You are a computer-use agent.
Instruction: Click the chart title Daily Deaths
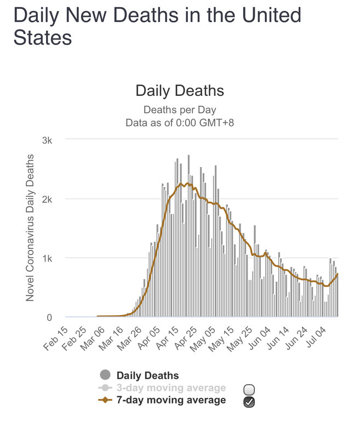pos(180,90)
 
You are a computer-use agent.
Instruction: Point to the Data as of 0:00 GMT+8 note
pos(180,122)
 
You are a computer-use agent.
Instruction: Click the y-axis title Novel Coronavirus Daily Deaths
pos(31,227)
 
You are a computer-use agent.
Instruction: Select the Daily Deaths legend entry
pos(147,376)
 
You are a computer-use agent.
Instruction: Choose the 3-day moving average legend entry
pos(170,388)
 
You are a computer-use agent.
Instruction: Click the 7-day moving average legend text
pos(170,400)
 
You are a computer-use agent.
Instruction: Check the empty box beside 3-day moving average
pos(249,390)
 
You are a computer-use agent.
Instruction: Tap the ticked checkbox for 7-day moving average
pos(249,402)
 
